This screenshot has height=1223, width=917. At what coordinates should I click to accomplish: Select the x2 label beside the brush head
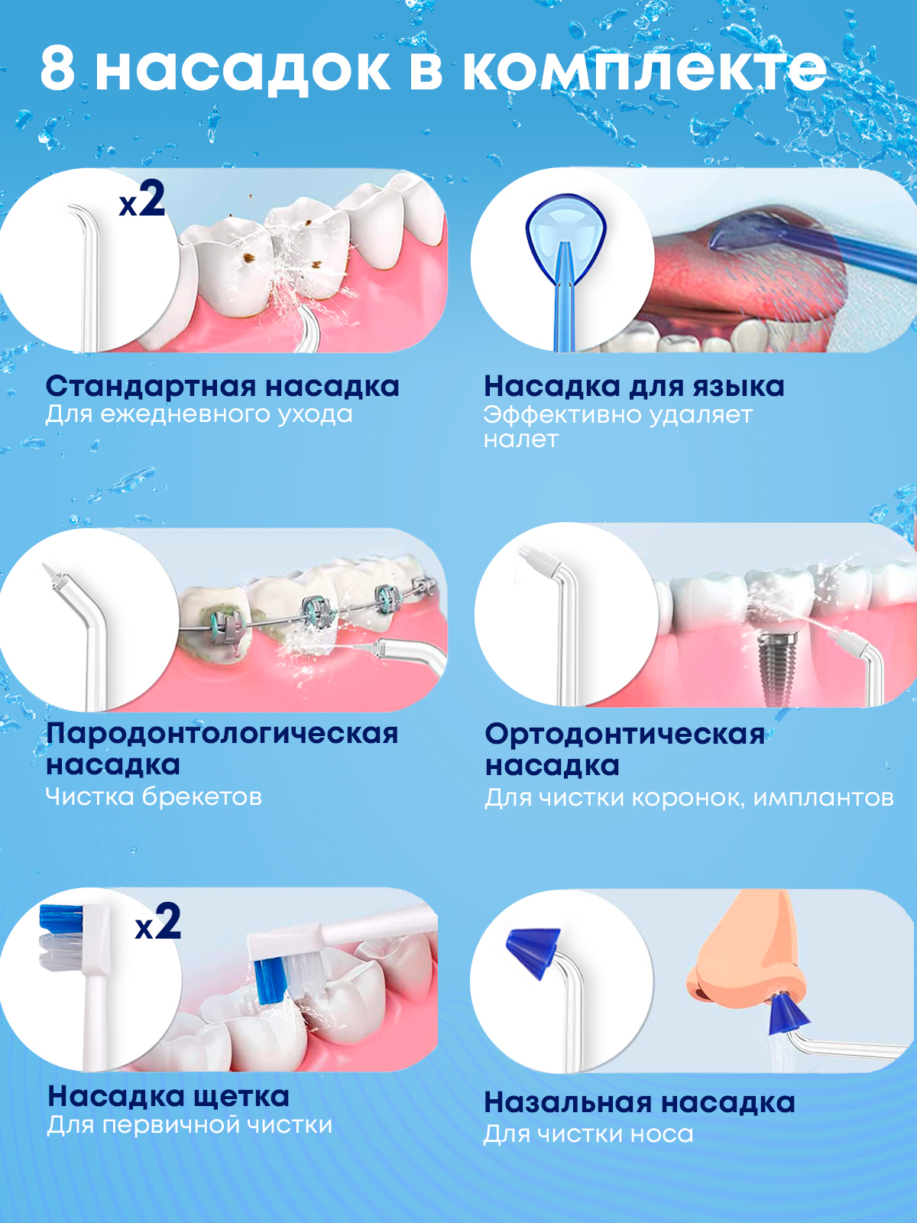point(158,922)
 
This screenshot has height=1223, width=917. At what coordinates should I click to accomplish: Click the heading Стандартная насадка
point(222,386)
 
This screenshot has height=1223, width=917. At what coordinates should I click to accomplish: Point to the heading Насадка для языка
point(633,386)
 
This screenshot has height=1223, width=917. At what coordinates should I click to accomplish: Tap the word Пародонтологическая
point(222,734)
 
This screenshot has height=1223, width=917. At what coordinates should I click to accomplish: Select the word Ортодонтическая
point(624,735)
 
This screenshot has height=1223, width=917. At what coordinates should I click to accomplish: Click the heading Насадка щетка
point(168,1097)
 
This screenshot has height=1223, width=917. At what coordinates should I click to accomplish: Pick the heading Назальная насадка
point(639,1101)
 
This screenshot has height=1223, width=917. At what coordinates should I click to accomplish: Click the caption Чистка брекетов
point(154,796)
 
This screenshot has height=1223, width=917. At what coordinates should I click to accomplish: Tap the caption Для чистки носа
point(588,1134)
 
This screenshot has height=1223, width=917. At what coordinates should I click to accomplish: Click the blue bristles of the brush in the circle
point(61,920)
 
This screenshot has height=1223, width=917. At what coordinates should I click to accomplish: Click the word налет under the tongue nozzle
point(520,440)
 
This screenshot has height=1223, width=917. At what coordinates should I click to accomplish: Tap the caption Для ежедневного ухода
point(199,415)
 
